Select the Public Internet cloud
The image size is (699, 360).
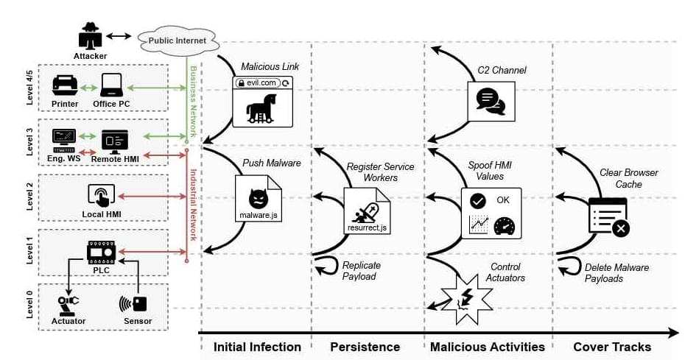[178, 40]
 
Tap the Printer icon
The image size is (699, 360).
[65, 85]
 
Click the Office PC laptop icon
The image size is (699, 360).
[111, 85]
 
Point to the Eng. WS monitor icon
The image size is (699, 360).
[63, 138]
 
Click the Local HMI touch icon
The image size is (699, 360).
[101, 195]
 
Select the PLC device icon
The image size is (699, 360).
[101, 253]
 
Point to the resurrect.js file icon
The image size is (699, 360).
[366, 211]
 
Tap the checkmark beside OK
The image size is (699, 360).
[477, 201]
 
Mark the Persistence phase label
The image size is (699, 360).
[365, 347]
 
